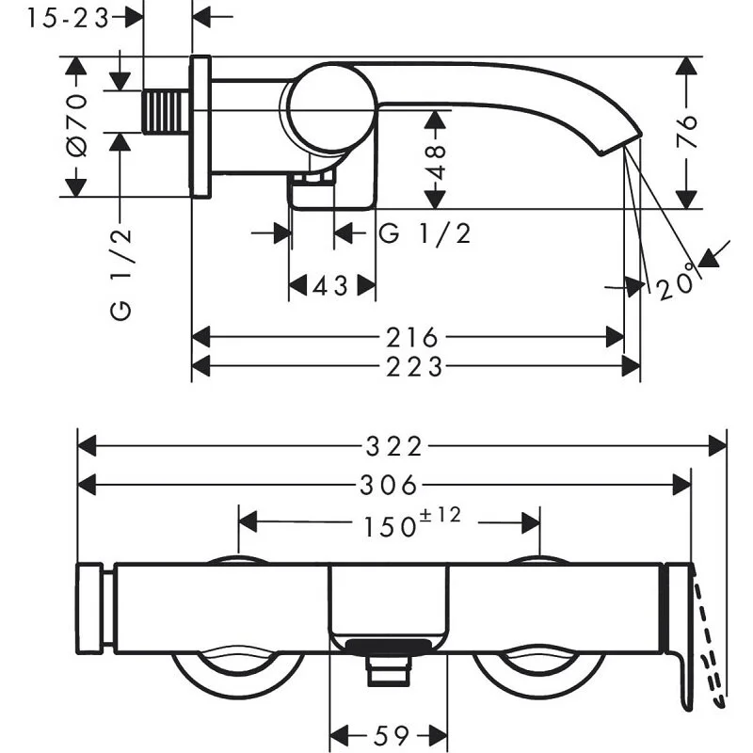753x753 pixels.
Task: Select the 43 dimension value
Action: click(x=332, y=285)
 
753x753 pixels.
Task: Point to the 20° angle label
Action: click(x=681, y=278)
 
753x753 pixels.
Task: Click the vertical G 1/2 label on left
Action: click(x=121, y=273)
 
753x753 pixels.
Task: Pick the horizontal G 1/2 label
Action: click(x=425, y=233)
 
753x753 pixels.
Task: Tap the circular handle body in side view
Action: click(x=329, y=108)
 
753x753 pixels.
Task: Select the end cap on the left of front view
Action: click(x=90, y=608)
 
